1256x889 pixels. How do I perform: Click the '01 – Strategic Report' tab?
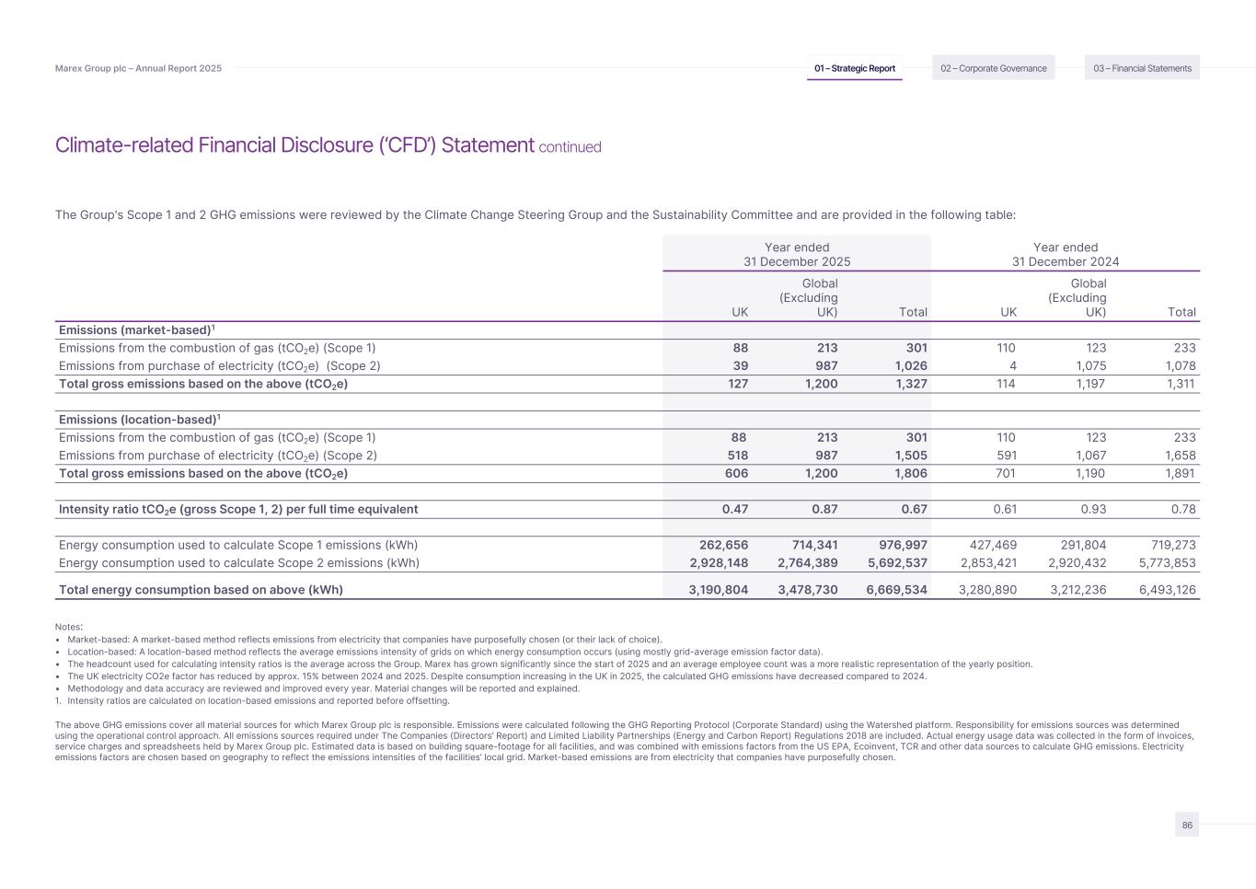(854, 68)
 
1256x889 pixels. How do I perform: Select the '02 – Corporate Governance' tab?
(993, 68)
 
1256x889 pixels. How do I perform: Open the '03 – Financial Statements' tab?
(1142, 68)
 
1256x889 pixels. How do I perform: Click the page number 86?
(1187, 825)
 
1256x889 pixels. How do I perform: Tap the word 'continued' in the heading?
(570, 147)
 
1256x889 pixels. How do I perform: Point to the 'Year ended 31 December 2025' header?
(797, 254)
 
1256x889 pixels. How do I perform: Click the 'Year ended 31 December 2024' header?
(1066, 254)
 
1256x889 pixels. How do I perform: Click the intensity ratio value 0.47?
(734, 509)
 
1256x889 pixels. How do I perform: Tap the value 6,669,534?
(896, 590)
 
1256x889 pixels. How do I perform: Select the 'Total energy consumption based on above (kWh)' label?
(201, 590)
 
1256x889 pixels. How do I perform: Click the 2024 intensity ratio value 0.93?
(1091, 509)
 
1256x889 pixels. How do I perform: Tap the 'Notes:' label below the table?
(69, 627)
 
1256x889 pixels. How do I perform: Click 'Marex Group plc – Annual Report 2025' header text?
(138, 68)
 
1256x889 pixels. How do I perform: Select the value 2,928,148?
(718, 563)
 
